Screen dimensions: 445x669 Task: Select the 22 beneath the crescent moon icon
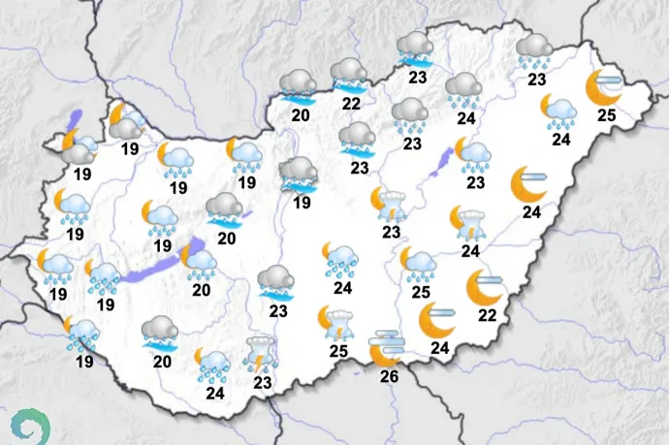click(487, 315)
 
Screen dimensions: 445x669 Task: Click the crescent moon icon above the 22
click(483, 286)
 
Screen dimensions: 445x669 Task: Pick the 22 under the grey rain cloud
click(351, 104)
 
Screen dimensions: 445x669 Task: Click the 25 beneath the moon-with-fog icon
click(606, 115)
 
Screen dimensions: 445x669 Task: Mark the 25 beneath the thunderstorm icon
click(338, 350)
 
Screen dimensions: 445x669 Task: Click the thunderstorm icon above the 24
click(469, 221)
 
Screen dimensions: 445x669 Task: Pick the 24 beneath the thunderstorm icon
click(470, 251)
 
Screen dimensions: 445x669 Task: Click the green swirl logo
click(31, 425)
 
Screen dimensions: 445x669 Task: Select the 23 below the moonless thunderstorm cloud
click(262, 382)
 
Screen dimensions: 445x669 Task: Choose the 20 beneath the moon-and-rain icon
click(201, 289)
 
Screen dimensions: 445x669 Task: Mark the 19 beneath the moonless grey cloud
click(302, 203)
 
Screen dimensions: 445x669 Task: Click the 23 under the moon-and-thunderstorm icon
click(391, 232)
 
